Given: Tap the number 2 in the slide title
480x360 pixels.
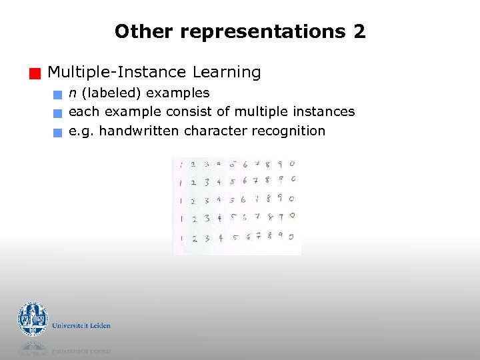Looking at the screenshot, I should click(359, 31).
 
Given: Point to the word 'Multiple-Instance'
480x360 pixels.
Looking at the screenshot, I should click(117, 72).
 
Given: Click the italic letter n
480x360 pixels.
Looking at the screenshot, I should click(73, 93).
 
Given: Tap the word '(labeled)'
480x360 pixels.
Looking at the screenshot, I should click(111, 93).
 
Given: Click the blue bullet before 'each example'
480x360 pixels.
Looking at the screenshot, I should click(59, 113).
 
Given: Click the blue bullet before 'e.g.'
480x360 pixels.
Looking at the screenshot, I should click(59, 132).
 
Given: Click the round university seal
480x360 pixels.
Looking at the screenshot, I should click(33, 319).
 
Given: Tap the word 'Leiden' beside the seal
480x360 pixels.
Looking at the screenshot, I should click(99, 326).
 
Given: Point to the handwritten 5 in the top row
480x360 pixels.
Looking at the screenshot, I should click(233, 164).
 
